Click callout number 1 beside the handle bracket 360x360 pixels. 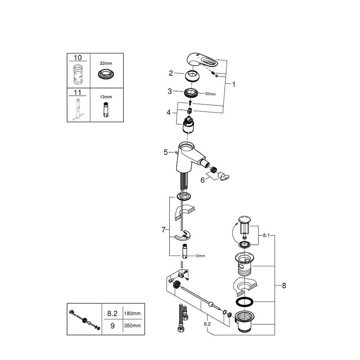(x=234, y=85)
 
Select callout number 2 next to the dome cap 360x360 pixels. (x=171, y=73)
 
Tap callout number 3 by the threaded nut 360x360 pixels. (x=170, y=91)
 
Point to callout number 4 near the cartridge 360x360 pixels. (x=169, y=112)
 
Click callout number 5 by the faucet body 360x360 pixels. (x=166, y=152)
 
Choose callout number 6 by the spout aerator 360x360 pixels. (x=202, y=180)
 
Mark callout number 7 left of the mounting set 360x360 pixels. (x=163, y=230)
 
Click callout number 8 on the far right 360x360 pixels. (x=284, y=285)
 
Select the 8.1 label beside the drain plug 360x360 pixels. (x=266, y=235)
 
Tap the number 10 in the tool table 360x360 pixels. (x=78, y=58)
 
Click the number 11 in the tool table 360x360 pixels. (x=78, y=93)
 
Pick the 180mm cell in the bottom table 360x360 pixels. (x=132, y=314)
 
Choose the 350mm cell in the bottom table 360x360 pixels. (x=132, y=325)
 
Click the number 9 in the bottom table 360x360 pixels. (x=112, y=326)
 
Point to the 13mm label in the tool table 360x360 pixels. (x=106, y=97)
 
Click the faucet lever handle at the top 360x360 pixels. (x=201, y=60)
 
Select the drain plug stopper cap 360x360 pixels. (x=244, y=219)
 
